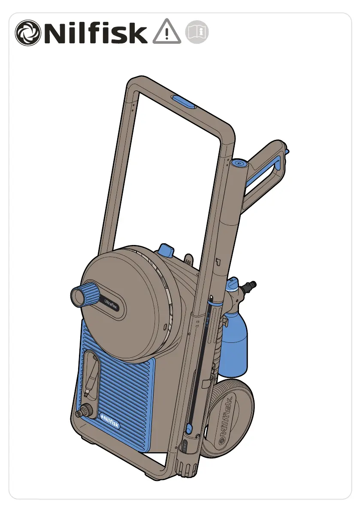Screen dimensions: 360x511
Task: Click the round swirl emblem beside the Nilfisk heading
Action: pos(28,33)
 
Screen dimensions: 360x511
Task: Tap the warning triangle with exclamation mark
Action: pos(167,32)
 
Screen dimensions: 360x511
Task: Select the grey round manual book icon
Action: pos(197,32)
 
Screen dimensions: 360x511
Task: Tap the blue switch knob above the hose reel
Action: pos(166,251)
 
